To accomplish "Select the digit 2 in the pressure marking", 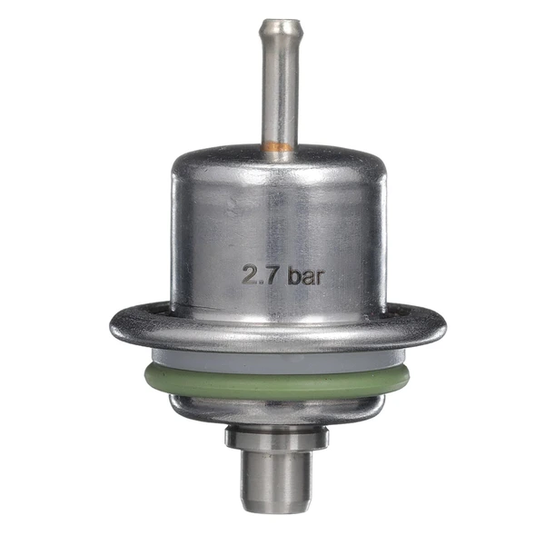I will tap(250, 274).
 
